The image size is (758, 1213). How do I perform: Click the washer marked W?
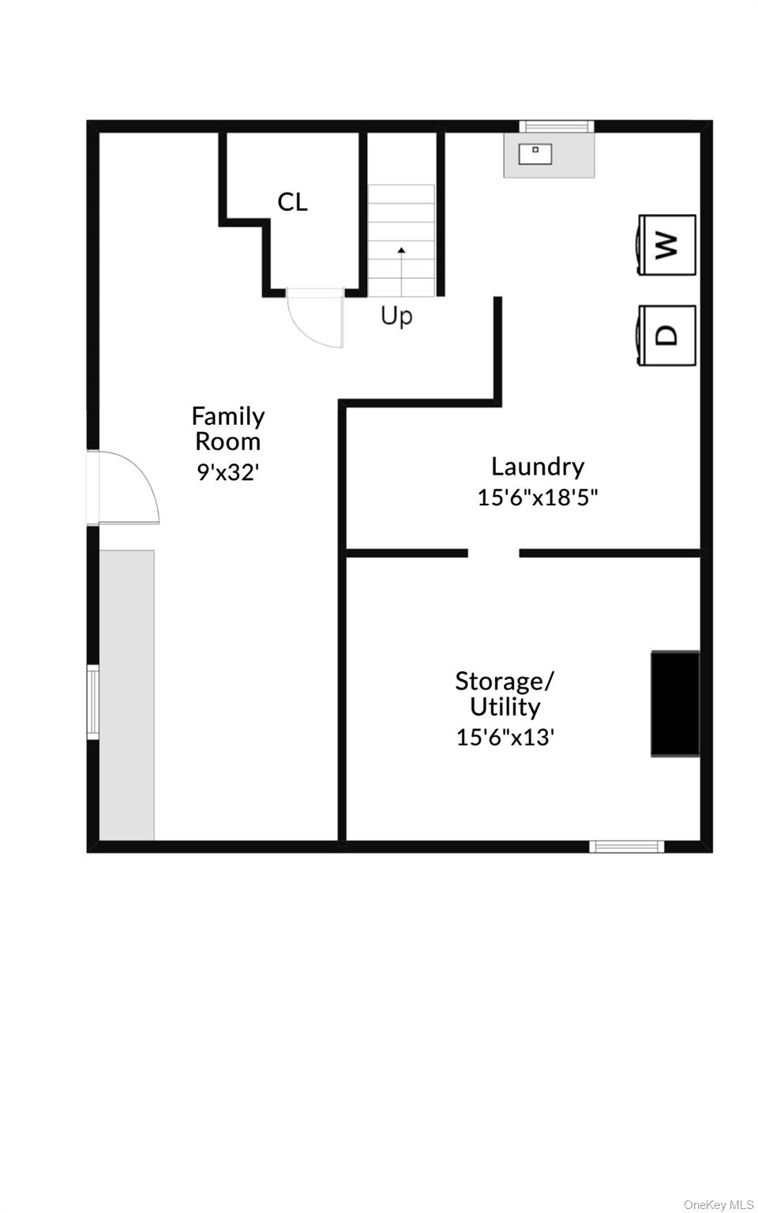point(667,245)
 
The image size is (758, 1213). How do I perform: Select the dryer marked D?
point(667,336)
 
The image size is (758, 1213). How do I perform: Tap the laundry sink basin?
point(535,154)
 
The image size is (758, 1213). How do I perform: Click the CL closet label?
point(292,202)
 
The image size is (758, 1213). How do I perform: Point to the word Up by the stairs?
point(396,316)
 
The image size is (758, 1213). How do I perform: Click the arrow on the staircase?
point(401,272)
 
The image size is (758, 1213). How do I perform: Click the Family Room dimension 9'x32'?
point(228,472)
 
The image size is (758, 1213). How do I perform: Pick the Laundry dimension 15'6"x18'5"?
point(538,497)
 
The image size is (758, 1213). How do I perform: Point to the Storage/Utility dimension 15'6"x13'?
point(505,738)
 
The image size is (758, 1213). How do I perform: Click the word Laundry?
point(538,468)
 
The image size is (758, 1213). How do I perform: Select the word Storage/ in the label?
point(505,682)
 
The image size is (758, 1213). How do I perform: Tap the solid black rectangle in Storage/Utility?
point(675,704)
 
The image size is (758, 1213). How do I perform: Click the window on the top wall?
point(557,126)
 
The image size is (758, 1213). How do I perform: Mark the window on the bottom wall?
point(627,847)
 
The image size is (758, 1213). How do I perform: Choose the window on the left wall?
point(93,702)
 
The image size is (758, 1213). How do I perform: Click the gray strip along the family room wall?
point(126,695)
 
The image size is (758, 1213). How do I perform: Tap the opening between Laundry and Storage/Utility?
point(493,553)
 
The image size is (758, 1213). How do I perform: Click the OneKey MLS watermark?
point(719,1202)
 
